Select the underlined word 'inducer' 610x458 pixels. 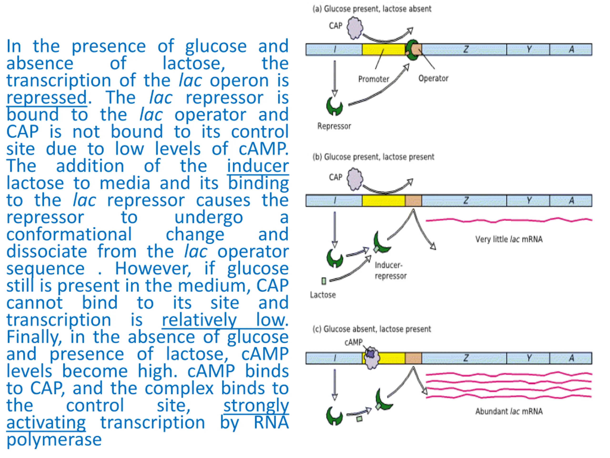pyautogui.click(x=258, y=166)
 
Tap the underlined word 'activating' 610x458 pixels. pyautogui.click(x=46, y=423)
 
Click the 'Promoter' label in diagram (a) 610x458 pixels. pyautogui.click(x=373, y=79)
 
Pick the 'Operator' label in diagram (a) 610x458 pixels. pyautogui.click(x=433, y=78)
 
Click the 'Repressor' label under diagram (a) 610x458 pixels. pyautogui.click(x=334, y=126)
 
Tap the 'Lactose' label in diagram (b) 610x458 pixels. pyautogui.click(x=323, y=295)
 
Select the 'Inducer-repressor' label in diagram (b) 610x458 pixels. pyautogui.click(x=390, y=271)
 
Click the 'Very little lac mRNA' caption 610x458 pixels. pyautogui.click(x=509, y=239)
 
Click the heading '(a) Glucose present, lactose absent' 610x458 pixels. pyautogui.click(x=372, y=9)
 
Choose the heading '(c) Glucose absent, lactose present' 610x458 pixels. pyautogui.click(x=371, y=329)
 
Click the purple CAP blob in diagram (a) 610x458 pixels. pyautogui.click(x=355, y=28)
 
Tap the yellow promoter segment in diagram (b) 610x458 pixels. pyautogui.click(x=383, y=200)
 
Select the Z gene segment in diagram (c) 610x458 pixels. pyautogui.click(x=464, y=358)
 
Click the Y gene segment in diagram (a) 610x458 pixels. pyautogui.click(x=528, y=49)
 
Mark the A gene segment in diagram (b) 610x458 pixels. pyautogui.click(x=571, y=200)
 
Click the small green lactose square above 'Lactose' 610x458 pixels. pyautogui.click(x=324, y=281)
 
